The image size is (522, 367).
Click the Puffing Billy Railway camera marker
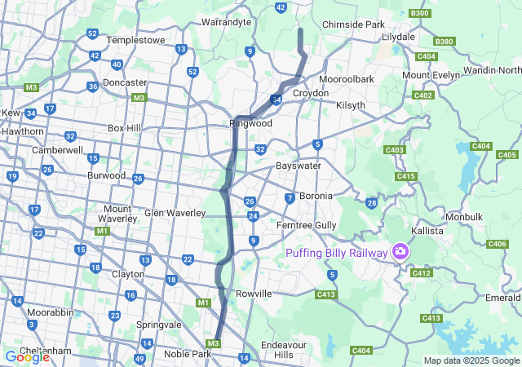pos(400,252)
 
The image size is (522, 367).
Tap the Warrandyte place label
pos(225,22)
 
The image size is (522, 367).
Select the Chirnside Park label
pos(353,24)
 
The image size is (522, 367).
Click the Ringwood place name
pos(250,124)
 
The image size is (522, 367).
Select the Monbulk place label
pos(465,217)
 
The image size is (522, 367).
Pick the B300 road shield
pos(420,13)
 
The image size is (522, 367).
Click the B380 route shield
pos(445,41)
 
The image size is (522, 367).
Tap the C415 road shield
pos(406,176)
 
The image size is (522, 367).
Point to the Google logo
pos(27,356)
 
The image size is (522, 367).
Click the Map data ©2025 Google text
pos(471,360)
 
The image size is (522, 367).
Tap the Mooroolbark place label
pos(346,79)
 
